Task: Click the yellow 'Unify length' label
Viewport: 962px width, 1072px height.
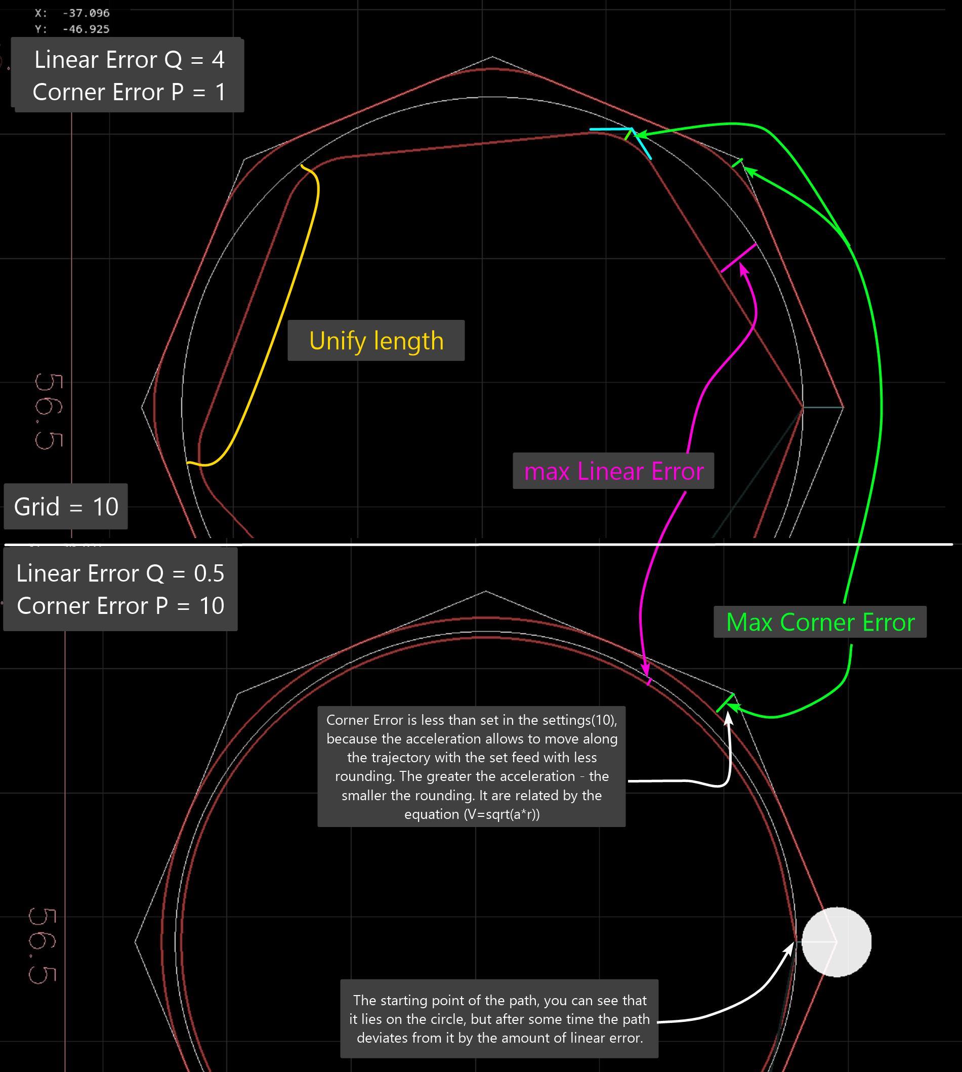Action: pyautogui.click(x=376, y=341)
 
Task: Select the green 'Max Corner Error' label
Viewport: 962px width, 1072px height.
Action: pyautogui.click(x=820, y=622)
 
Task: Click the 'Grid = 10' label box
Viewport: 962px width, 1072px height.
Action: pyautogui.click(x=66, y=507)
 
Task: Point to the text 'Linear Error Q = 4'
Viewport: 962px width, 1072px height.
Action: pyautogui.click(x=130, y=60)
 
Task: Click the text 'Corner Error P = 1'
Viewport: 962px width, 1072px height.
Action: pyautogui.click(x=130, y=92)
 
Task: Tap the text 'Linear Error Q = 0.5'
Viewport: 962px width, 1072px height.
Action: pyautogui.click(x=120, y=573)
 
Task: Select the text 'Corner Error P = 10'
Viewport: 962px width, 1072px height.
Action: pyautogui.click(x=120, y=606)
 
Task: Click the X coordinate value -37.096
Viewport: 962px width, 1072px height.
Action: pyautogui.click(x=86, y=13)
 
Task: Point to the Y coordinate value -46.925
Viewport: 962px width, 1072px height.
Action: pyautogui.click(x=86, y=29)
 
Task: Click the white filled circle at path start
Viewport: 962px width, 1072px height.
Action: pyautogui.click(x=836, y=941)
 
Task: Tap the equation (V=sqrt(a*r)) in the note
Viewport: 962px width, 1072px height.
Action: pyautogui.click(x=472, y=814)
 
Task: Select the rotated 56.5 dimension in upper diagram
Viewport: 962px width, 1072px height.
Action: pyautogui.click(x=49, y=413)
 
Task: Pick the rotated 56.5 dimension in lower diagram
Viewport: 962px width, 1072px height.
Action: pyautogui.click(x=43, y=946)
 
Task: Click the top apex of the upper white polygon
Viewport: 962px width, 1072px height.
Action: pyautogui.click(x=492, y=56)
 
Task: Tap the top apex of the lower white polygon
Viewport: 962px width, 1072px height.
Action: pyautogui.click(x=486, y=591)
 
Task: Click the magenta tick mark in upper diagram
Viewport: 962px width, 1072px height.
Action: pyautogui.click(x=738, y=258)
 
